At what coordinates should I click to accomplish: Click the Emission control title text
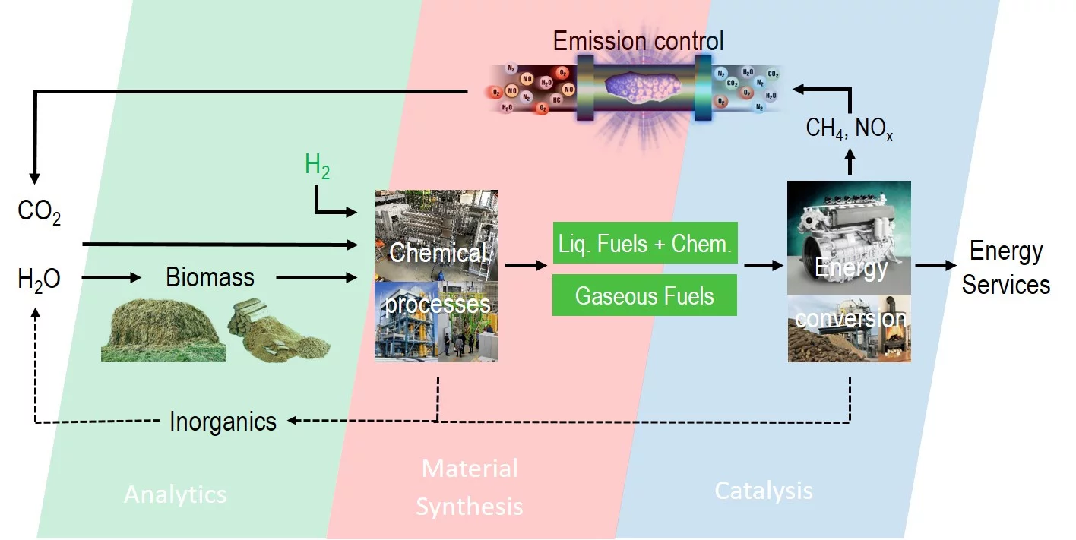(638, 40)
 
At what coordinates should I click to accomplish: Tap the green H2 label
(318, 167)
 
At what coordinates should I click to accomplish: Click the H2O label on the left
(39, 279)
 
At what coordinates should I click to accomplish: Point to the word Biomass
(210, 278)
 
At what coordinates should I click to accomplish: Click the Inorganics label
(223, 421)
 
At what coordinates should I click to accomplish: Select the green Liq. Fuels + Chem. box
(645, 243)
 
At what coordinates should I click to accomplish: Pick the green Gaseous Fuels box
(645, 295)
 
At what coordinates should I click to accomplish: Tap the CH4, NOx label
(849, 128)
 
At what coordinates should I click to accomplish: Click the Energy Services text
(1005, 268)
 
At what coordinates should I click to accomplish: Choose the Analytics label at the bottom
(175, 494)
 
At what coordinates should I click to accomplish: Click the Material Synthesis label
(470, 487)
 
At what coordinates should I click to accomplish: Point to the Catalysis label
(764, 491)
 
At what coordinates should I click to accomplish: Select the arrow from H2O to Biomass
(111, 279)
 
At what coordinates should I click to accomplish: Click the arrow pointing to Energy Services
(935, 266)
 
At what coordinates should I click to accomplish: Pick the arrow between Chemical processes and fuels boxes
(525, 266)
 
